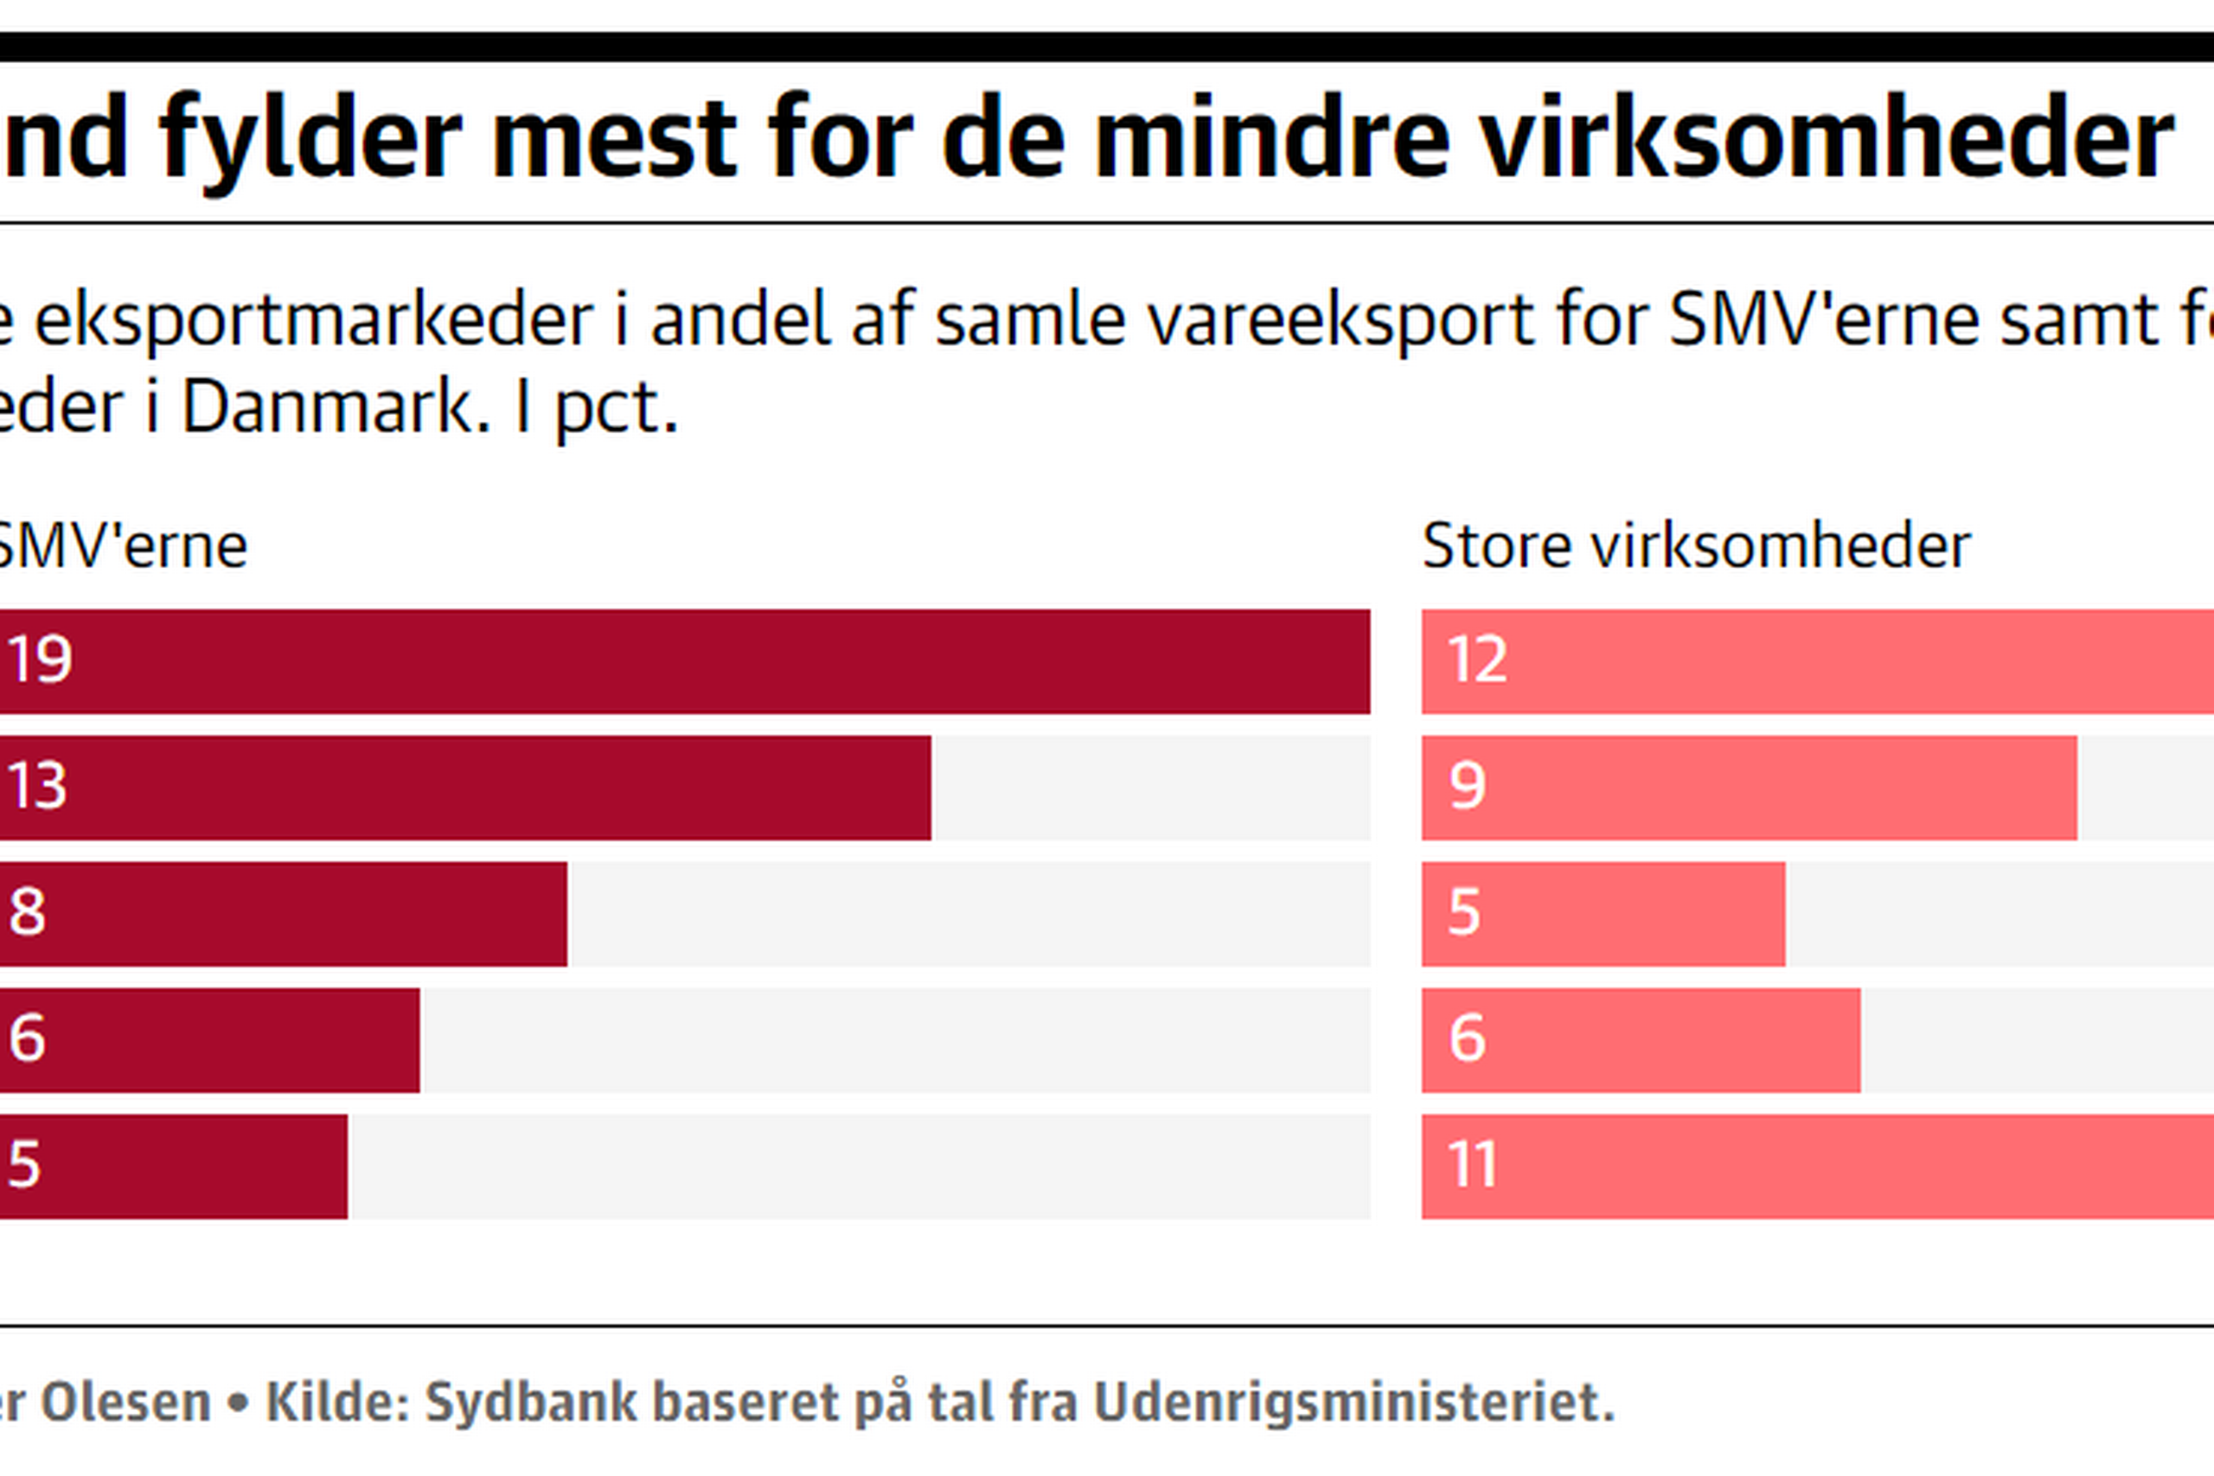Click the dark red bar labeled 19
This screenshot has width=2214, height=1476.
684,661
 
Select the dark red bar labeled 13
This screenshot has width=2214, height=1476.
465,788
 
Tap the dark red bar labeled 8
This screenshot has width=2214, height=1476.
283,914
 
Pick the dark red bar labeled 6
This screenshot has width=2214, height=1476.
209,1040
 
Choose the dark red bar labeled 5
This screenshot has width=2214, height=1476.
173,1166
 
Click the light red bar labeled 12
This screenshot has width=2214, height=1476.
1817,661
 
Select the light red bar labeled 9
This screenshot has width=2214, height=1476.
1749,788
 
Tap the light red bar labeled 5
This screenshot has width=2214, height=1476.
1603,914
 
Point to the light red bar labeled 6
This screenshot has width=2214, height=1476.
1641,1040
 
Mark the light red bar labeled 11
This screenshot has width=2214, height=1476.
1817,1166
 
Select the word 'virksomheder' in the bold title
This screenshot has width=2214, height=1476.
1827,139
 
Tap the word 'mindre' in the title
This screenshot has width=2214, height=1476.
1270,139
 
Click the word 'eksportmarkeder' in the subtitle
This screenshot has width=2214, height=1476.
313,319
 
